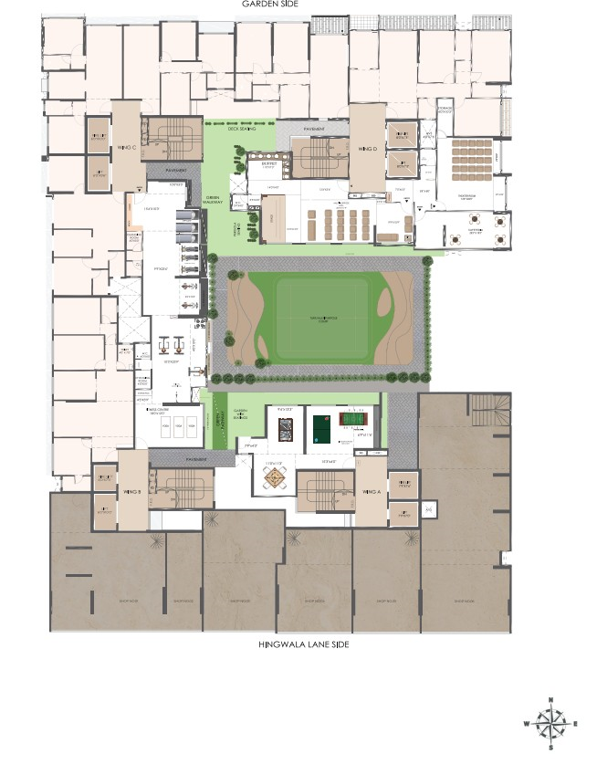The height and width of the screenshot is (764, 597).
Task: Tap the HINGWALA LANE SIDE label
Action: click(x=298, y=645)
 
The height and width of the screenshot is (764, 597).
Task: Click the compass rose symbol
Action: click(x=550, y=723)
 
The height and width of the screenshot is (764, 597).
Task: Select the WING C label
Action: click(x=126, y=147)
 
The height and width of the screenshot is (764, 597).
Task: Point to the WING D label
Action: click(x=368, y=148)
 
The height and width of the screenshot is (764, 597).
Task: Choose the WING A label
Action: click(x=371, y=492)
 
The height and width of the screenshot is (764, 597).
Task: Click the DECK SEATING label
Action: click(x=241, y=130)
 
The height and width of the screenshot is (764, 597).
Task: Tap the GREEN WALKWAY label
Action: click(x=213, y=201)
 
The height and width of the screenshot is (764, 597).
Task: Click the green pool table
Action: click(x=321, y=425)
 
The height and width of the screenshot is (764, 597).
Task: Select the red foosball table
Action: click(x=352, y=420)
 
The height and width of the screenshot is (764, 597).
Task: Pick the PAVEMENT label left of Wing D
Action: click(x=302, y=130)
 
